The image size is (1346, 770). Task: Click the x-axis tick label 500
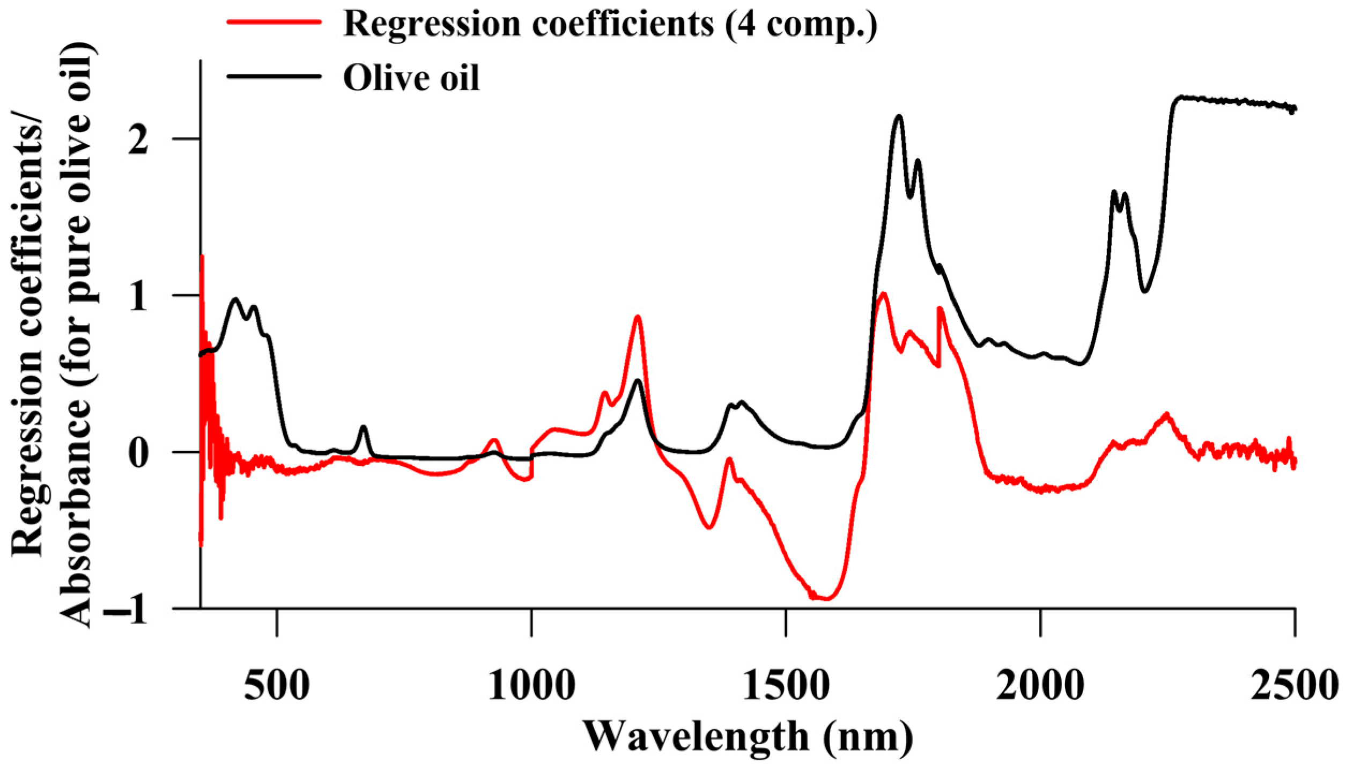pyautogui.click(x=277, y=686)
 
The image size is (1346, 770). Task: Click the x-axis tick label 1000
pyautogui.click(x=531, y=686)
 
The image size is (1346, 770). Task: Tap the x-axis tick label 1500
pyautogui.click(x=786, y=686)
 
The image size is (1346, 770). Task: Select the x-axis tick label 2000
pyautogui.click(x=1040, y=686)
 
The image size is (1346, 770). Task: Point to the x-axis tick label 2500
pyautogui.click(x=1293, y=686)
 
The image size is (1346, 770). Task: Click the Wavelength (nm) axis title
pyautogui.click(x=748, y=737)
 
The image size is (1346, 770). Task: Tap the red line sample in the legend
pyautogui.click(x=274, y=22)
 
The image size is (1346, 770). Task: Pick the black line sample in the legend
pyautogui.click(x=274, y=76)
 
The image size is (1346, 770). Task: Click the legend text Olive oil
pyautogui.click(x=411, y=78)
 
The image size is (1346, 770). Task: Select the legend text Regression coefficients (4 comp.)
pyautogui.click(x=610, y=24)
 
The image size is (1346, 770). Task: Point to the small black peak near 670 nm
pyautogui.click(x=364, y=427)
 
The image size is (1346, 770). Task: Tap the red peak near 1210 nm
pyautogui.click(x=638, y=317)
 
